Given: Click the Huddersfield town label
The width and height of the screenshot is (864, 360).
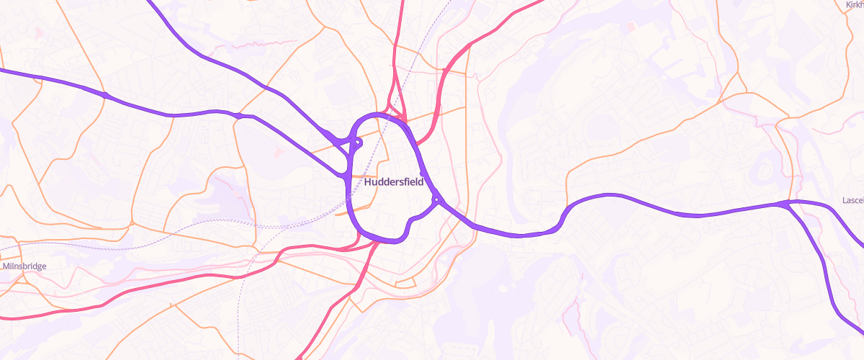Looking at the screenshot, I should [x=395, y=182].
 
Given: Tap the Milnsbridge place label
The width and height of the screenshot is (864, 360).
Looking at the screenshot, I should [x=25, y=266].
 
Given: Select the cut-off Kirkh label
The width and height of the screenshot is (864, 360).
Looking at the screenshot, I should [x=854, y=5].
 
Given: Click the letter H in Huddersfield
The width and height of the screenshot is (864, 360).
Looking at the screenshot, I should [x=369, y=182].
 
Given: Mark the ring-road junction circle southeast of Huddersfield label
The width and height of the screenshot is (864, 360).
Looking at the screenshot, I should [x=436, y=199].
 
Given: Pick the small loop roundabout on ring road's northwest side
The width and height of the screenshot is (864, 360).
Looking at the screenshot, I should [x=358, y=143].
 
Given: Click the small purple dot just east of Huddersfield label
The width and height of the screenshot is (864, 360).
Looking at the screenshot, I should [x=422, y=174].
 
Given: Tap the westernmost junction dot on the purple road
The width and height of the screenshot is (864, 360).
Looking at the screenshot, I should [x=105, y=95].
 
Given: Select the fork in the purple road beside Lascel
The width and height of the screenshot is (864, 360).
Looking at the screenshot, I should [x=786, y=204].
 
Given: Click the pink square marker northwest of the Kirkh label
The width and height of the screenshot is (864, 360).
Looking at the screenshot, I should [x=631, y=27].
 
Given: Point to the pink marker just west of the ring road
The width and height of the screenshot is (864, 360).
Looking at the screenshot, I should [x=279, y=151].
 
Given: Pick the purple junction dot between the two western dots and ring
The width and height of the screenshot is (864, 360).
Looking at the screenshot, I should [x=238, y=115].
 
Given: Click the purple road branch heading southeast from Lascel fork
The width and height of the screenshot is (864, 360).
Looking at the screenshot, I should [x=821, y=259].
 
